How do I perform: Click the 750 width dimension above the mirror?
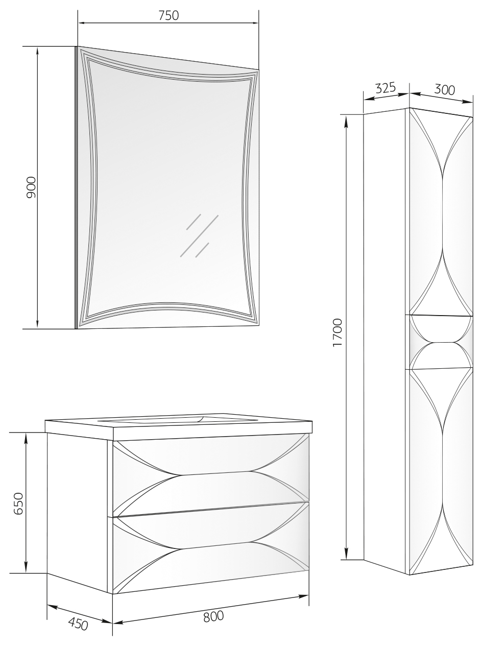point(168,15)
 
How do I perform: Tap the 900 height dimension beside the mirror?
point(31,187)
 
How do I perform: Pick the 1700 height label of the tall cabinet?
point(338,332)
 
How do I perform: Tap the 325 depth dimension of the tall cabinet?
point(385,88)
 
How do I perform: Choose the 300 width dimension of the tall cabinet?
point(444,89)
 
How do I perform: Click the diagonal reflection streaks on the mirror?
point(199,235)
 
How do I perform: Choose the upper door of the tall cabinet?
point(441,212)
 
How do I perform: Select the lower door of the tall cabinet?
point(441,462)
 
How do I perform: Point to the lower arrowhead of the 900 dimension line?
point(37,323)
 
